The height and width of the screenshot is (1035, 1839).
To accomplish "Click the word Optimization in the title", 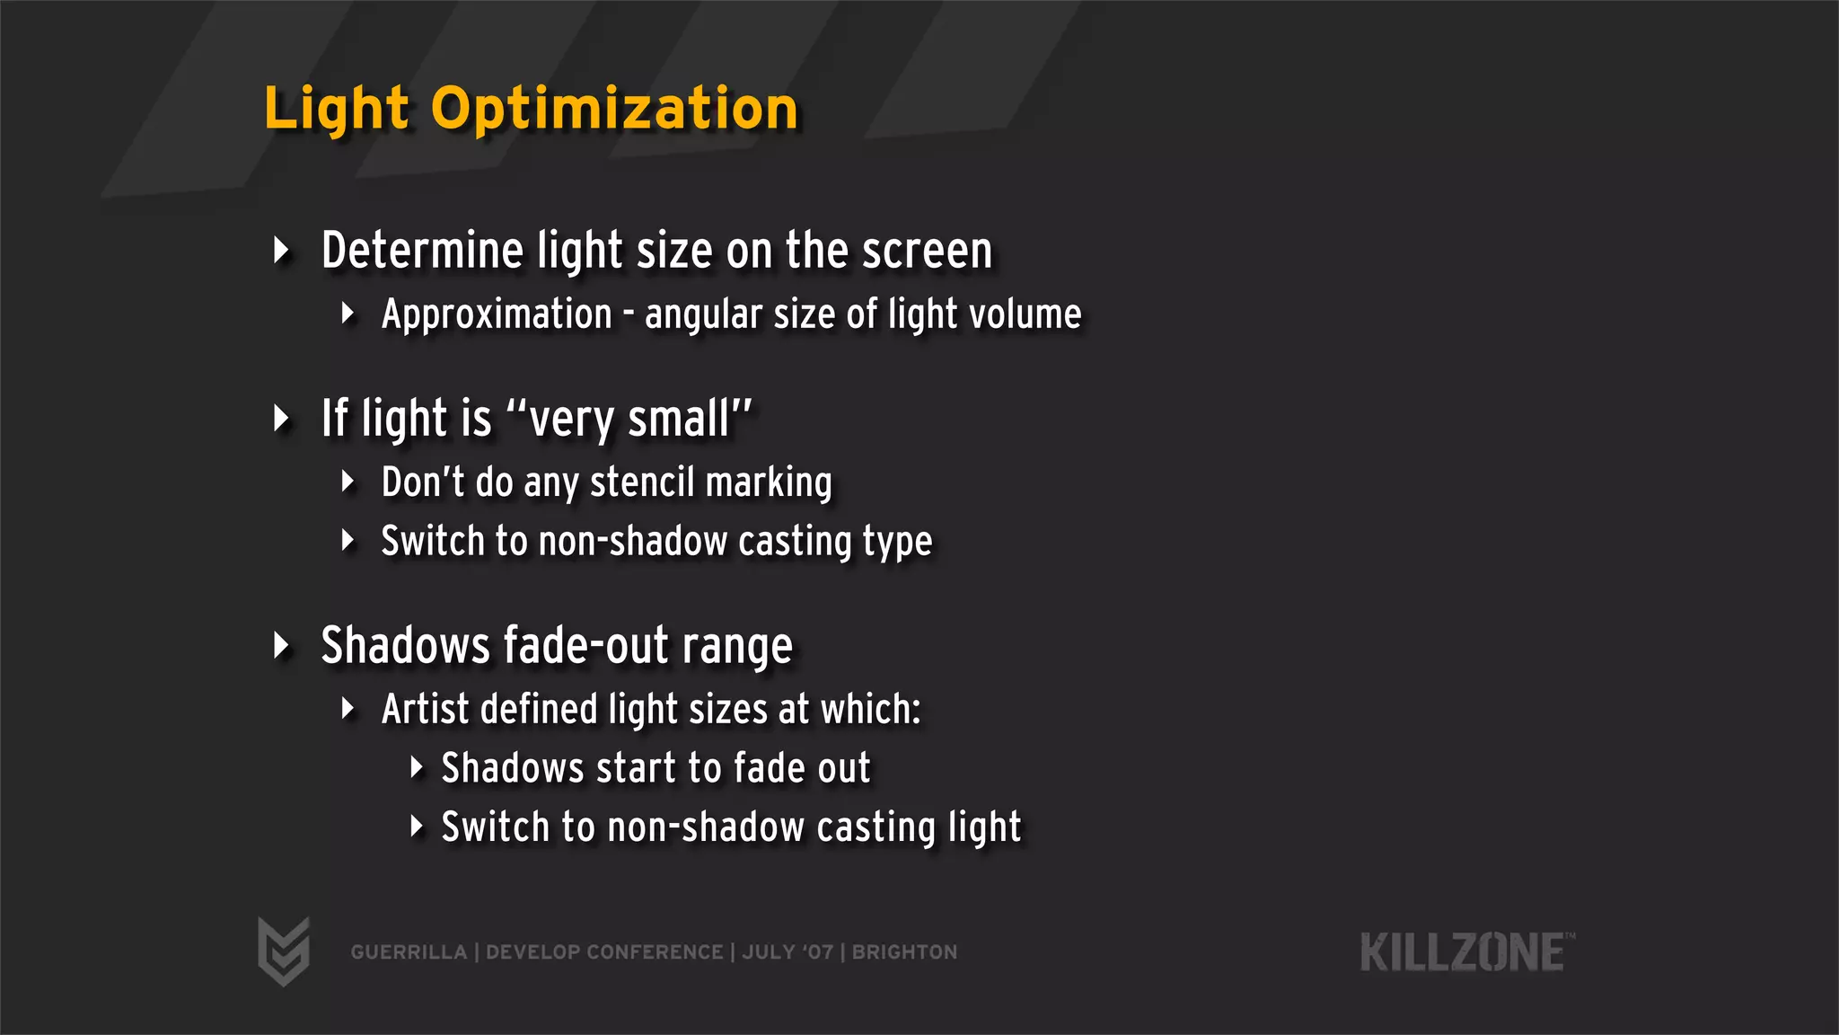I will (614, 110).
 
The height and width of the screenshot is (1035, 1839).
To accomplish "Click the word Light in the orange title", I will (337, 110).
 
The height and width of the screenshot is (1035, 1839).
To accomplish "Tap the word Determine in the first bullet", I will (421, 250).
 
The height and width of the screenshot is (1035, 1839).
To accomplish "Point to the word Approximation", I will (497, 314).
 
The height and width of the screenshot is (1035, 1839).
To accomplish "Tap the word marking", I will (769, 482).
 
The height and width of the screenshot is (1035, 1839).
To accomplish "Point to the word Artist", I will (426, 709).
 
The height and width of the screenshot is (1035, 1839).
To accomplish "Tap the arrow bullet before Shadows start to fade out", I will (416, 767).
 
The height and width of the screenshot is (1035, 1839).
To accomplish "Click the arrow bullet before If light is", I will (282, 419).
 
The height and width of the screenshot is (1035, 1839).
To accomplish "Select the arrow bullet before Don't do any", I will (348, 482).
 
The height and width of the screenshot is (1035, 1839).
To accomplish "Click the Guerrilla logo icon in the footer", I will (284, 951).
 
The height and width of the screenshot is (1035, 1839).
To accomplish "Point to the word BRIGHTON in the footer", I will (904, 952).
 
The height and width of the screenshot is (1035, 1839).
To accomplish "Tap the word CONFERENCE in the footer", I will (655, 952).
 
